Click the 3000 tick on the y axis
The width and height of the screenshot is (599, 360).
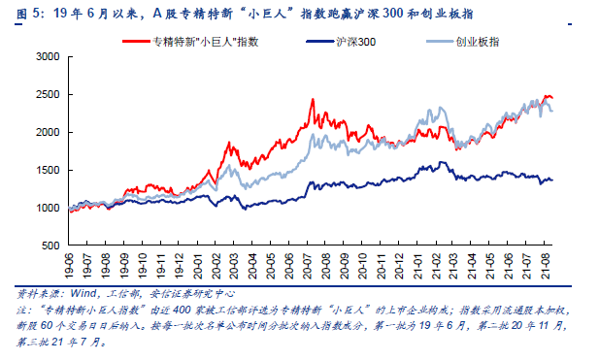pos(47,57)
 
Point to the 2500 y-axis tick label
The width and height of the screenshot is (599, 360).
pos(47,95)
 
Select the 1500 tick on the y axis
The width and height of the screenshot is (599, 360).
pos(47,170)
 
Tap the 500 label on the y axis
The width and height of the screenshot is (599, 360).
pos(50,245)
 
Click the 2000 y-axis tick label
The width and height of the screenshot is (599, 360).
pos(47,133)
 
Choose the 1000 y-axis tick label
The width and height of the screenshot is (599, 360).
pos(47,208)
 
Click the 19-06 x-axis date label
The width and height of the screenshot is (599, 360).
pos(69,264)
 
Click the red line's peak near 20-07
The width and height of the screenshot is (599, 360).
pos(313,99)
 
